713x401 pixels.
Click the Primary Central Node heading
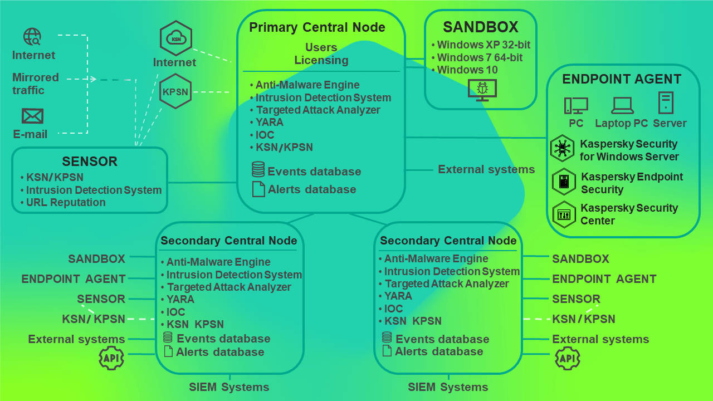(x=317, y=27)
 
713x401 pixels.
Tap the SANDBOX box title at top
(x=480, y=27)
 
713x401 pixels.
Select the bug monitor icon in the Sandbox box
(x=482, y=90)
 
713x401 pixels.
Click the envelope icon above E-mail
(x=32, y=116)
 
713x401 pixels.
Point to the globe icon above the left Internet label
(x=32, y=37)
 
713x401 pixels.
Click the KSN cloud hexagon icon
(x=176, y=38)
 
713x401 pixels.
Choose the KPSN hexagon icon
(x=175, y=91)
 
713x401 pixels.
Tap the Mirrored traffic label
(x=36, y=84)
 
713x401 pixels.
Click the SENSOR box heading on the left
(x=90, y=162)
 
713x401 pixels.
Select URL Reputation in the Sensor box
(x=66, y=202)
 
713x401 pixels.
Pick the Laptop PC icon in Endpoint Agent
(x=622, y=105)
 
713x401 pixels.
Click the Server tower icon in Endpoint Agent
(x=666, y=103)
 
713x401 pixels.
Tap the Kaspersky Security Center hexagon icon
(x=563, y=214)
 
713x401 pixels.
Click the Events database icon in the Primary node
(x=258, y=169)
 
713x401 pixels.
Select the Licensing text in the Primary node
(x=321, y=60)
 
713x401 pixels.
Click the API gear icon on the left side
(x=111, y=358)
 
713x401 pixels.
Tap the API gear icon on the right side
(x=567, y=358)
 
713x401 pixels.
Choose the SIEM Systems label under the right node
(x=448, y=387)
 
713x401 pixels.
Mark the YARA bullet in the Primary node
(x=270, y=122)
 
